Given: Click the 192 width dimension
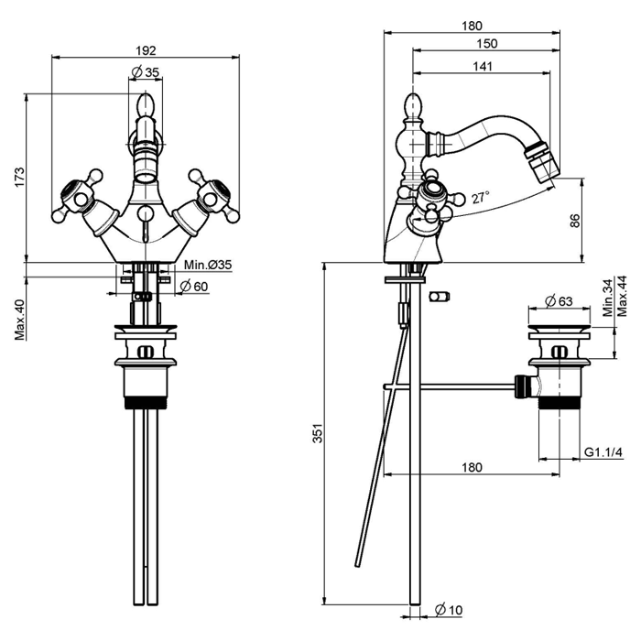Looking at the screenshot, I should click(145, 50).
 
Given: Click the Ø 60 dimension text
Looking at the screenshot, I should click(194, 287).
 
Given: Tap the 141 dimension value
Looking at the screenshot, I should click(482, 66).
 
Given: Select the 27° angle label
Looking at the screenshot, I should click(481, 197).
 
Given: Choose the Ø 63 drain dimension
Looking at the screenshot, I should click(558, 301).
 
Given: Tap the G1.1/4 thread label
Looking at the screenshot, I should click(603, 453).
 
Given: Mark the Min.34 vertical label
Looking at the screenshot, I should click(608, 299).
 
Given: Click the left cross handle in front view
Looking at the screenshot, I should click(77, 194).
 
